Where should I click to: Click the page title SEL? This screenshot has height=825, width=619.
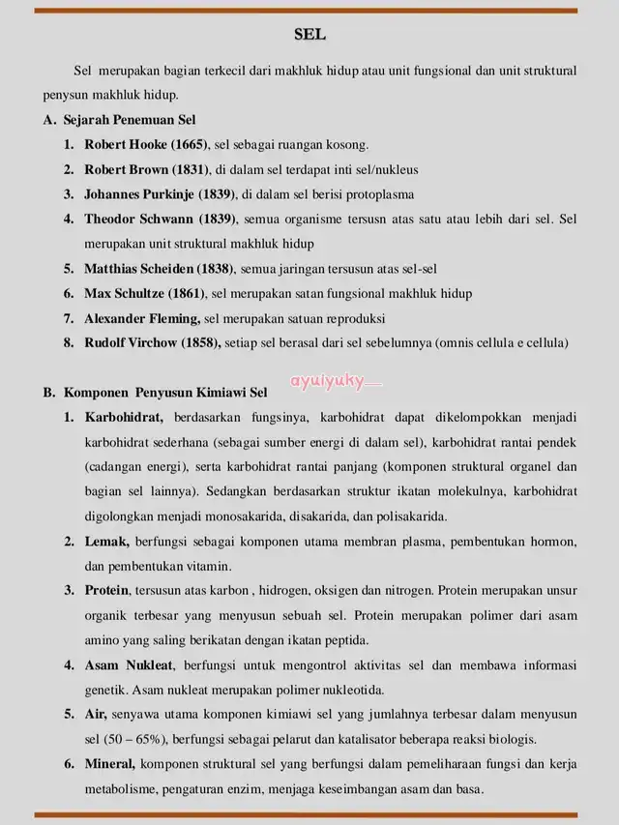(x=309, y=35)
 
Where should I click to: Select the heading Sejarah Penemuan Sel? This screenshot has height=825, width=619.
(x=130, y=120)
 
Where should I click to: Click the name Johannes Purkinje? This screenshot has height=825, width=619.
(x=139, y=193)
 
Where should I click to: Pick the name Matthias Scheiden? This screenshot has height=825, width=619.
(x=139, y=268)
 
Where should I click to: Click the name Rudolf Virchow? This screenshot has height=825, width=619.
(x=131, y=342)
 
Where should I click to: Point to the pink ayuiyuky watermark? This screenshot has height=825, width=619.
(x=330, y=381)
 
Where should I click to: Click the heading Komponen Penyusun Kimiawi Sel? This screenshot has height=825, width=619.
(x=165, y=393)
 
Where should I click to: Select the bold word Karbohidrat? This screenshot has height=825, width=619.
(x=124, y=417)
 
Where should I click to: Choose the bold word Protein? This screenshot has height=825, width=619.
(x=109, y=590)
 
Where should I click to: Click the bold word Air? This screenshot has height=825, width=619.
(x=97, y=715)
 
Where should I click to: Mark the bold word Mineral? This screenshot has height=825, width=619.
(x=111, y=764)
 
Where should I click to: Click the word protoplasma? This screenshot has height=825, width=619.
(x=373, y=193)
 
